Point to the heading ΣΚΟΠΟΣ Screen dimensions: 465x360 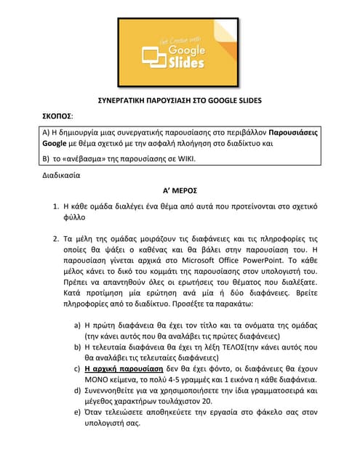coord(57,116)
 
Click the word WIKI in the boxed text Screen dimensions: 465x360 coord(185,159)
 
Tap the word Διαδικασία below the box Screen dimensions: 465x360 coord(61,175)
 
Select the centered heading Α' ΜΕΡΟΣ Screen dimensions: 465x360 coord(180,190)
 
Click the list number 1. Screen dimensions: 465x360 coord(56,206)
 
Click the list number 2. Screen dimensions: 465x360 coord(56,238)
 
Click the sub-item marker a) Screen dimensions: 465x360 coord(78,325)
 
